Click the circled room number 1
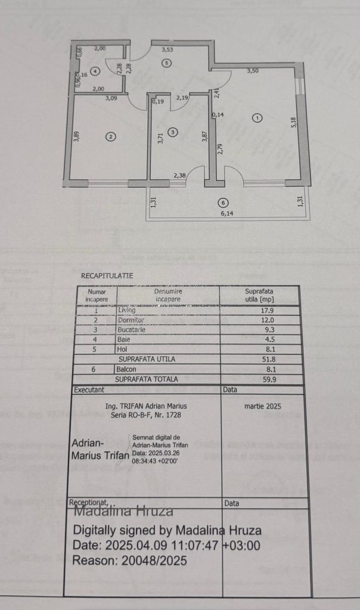pos(257,118)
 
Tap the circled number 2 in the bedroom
pos(110,136)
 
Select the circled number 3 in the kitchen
pos(172,132)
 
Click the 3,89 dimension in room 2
pos(77,136)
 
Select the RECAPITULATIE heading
pos(107,276)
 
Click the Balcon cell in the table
pos(126,369)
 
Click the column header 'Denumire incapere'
pos(167,295)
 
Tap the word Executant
pos(88,389)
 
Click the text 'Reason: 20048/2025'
pos(130,561)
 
